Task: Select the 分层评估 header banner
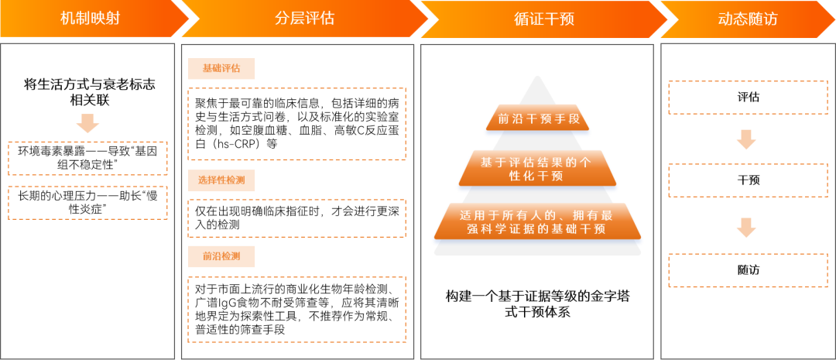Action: click(304, 19)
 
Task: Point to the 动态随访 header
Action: click(747, 19)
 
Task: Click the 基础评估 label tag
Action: click(221, 69)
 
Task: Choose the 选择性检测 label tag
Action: click(221, 180)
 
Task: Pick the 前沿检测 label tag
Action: click(221, 256)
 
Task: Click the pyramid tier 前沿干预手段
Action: click(538, 119)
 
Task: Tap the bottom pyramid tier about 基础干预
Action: click(536, 221)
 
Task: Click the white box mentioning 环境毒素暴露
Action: click(87, 158)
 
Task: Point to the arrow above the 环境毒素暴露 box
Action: click(87, 123)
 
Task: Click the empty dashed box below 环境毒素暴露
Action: click(87, 202)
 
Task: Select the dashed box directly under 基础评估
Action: click(296, 124)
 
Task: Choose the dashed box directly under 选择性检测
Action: click(296, 218)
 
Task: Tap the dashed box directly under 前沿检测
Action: click(296, 309)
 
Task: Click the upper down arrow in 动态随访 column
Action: click(746, 139)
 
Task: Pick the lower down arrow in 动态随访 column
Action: click(746, 228)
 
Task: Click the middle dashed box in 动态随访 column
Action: click(748, 180)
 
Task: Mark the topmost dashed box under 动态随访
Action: click(748, 98)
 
